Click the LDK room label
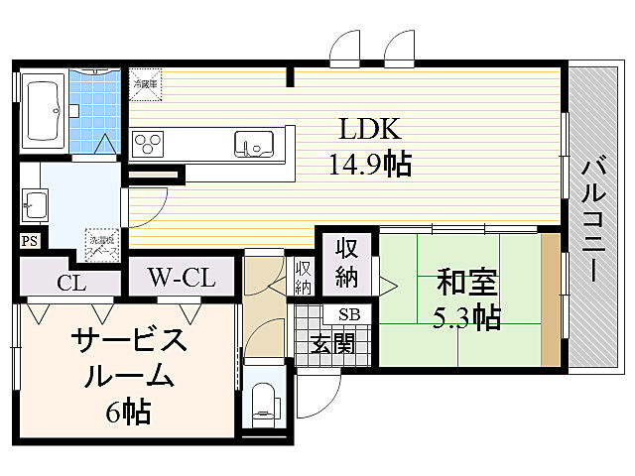point(370,130)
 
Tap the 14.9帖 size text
point(370,163)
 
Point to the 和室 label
point(466,284)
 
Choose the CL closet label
point(70,283)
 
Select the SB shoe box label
point(349,315)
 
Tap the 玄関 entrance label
point(332,344)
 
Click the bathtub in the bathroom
point(43,111)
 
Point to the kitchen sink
point(253,145)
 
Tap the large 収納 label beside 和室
point(346,262)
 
